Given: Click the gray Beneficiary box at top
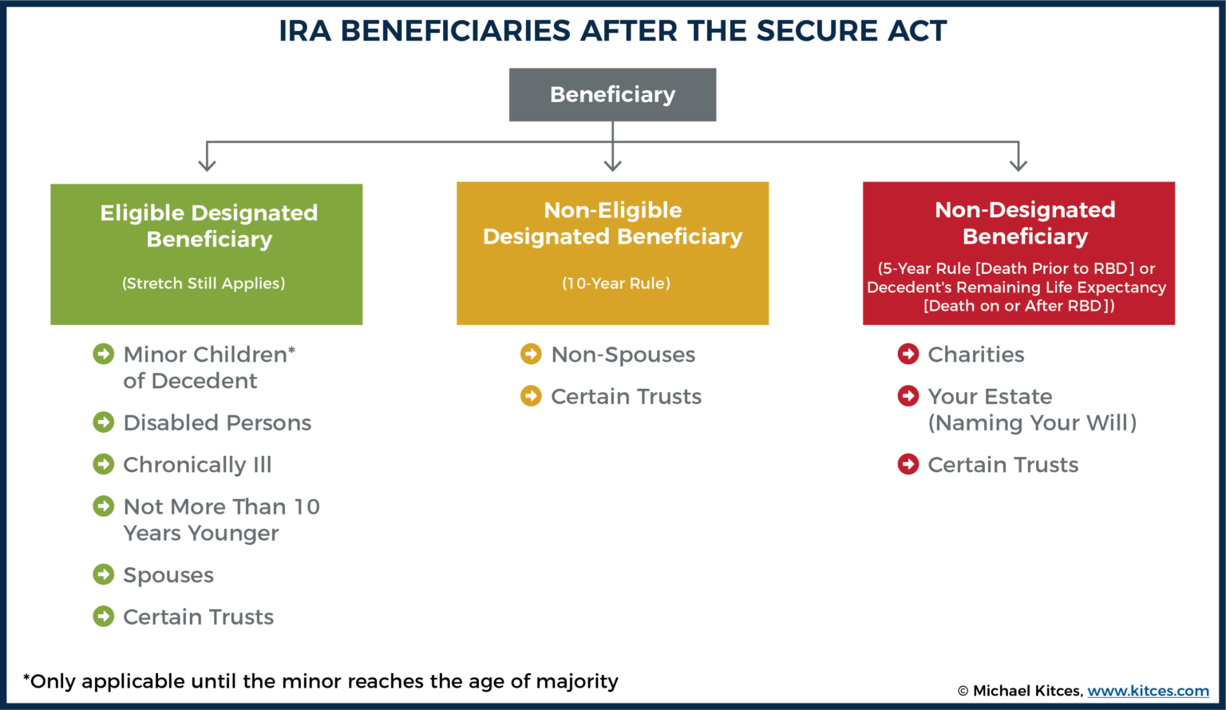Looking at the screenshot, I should point(612,94).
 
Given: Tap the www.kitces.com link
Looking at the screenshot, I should point(1148,691).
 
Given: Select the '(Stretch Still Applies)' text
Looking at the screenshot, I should point(204,284).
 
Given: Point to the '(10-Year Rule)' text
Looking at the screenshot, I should point(615,284).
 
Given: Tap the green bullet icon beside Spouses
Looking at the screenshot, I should point(104,574).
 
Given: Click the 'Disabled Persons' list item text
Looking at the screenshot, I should point(217,422).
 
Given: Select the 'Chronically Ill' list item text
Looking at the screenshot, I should point(197,465).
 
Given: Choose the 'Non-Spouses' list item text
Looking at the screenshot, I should point(623,355).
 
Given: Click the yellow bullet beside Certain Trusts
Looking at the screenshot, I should point(531,396).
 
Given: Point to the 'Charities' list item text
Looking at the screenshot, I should point(975,355).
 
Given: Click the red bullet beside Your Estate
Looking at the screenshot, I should point(908,396).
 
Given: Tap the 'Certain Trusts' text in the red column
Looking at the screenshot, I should point(1003,465).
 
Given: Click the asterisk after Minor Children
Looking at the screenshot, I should point(292,351).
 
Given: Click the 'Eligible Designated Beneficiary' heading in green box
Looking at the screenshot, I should point(208,226).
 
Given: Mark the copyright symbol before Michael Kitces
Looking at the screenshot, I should point(963,692).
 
